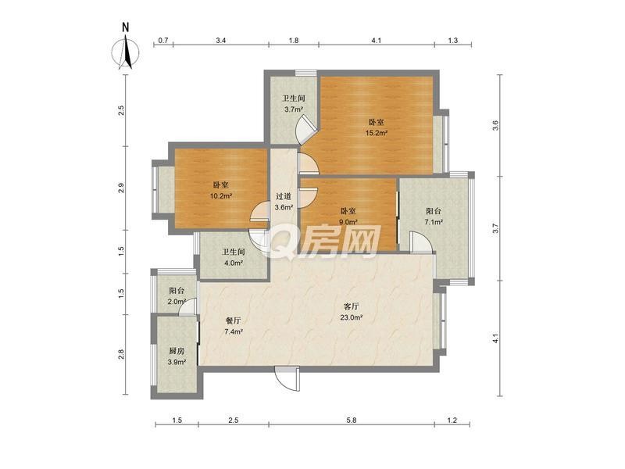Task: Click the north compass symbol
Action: [x=126, y=51]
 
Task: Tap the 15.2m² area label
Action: [x=377, y=133]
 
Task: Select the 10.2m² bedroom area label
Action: [x=221, y=196]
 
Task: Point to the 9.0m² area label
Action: [x=348, y=222]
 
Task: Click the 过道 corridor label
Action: [x=284, y=196]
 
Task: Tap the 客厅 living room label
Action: [x=351, y=306]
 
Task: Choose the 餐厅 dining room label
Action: [x=233, y=320]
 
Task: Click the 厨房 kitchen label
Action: [x=177, y=351]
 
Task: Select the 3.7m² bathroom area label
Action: [x=294, y=109]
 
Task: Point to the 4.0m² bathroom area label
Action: [x=233, y=263]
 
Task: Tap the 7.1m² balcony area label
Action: [x=434, y=222]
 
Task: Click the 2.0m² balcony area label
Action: [x=177, y=302]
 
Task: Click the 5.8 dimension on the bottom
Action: [x=352, y=420]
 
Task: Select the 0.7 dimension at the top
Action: [x=163, y=41]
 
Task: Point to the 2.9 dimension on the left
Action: [x=121, y=188]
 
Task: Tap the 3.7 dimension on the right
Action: [x=495, y=228]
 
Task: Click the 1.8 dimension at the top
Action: [x=294, y=41]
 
